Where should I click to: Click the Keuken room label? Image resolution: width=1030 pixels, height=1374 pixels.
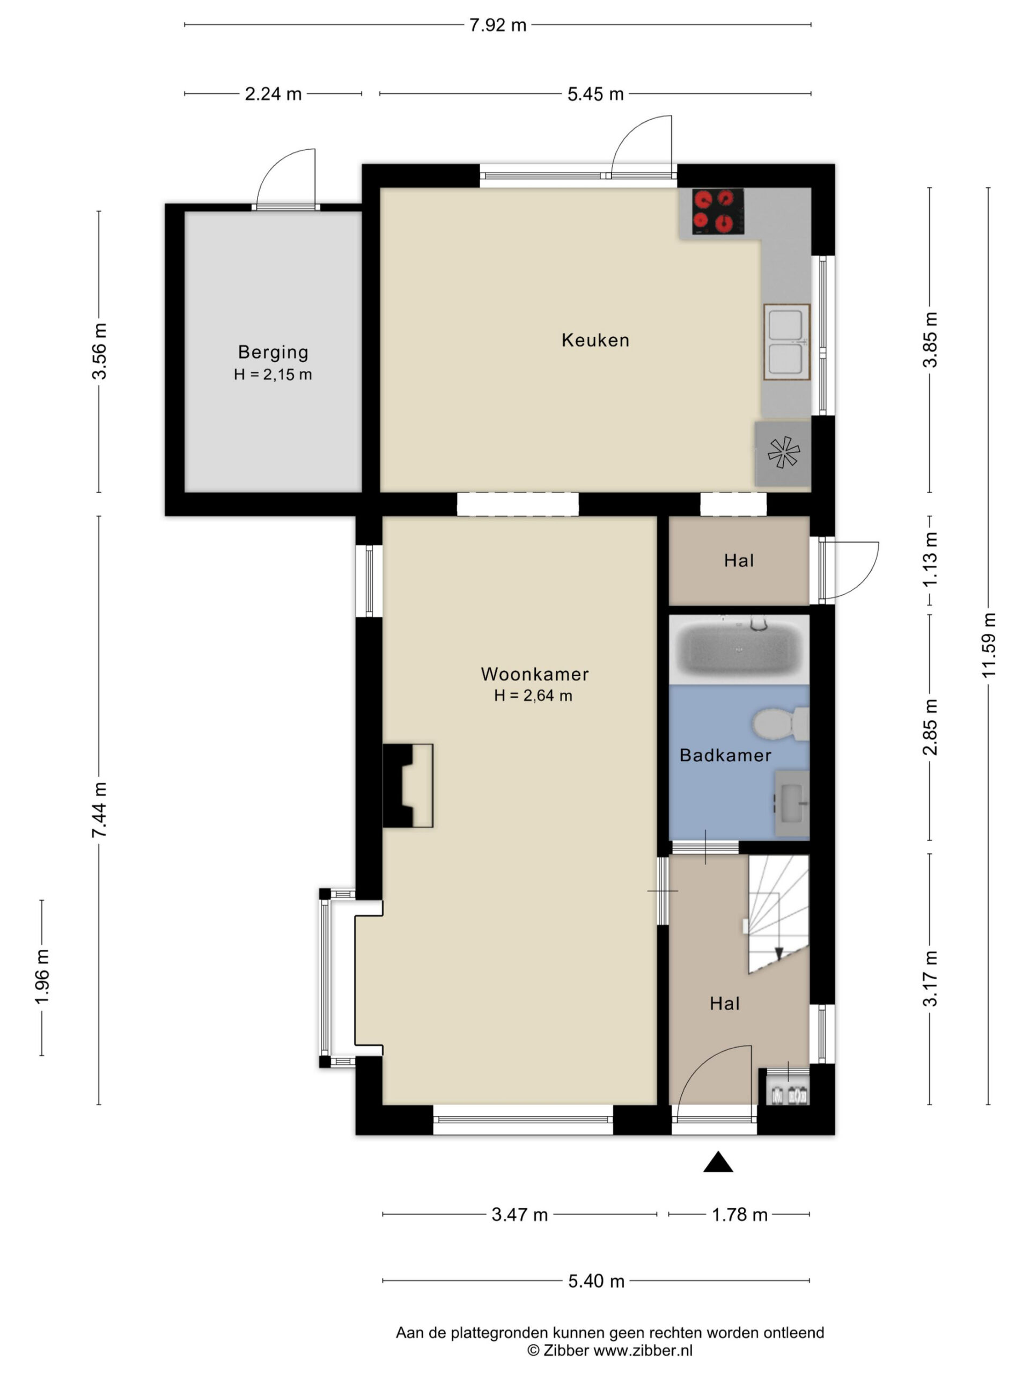pos(595,340)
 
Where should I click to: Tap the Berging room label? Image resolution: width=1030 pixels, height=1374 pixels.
pos(273,352)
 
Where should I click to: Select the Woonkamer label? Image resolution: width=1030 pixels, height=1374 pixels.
pos(534,674)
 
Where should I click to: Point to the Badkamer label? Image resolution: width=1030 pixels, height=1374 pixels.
pos(725,755)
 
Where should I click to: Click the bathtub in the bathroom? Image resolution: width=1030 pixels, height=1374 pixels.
pos(738,649)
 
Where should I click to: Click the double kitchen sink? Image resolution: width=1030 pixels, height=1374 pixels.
pos(786,342)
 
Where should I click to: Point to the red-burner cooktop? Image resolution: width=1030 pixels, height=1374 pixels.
pos(718,211)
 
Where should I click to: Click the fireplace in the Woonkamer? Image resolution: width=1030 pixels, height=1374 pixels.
pos(407,785)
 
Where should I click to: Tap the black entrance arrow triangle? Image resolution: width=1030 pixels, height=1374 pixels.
pos(718,1161)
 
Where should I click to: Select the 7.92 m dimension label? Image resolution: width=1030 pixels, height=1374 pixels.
pos(497,25)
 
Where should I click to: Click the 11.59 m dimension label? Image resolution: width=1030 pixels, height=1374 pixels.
pos(988,645)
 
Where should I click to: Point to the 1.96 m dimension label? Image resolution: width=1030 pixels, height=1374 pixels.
pos(42,976)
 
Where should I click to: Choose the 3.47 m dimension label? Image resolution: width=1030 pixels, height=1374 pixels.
pos(519,1215)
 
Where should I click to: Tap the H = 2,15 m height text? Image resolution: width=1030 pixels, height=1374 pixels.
pos(273,375)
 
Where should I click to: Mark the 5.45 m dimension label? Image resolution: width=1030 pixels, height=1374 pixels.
pos(595,94)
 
